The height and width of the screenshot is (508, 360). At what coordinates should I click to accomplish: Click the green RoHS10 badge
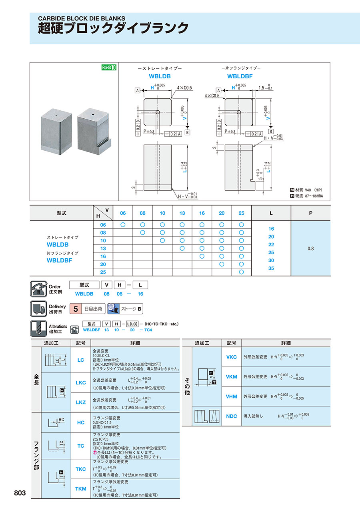[x=108, y=68]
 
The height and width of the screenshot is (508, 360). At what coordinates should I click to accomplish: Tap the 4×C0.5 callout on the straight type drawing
[x=184, y=88]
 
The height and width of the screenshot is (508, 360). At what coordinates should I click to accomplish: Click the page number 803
[x=20, y=493]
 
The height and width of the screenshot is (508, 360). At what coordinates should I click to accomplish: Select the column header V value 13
[x=182, y=213]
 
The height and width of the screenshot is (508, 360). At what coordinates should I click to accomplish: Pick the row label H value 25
[x=103, y=272]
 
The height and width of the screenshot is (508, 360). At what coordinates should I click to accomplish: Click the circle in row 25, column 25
[x=241, y=272]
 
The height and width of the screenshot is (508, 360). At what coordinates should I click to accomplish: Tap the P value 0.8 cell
[x=311, y=248]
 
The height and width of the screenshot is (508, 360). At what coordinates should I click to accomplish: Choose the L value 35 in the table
[x=271, y=268]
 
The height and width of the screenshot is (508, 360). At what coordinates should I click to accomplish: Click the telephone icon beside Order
[x=38, y=289]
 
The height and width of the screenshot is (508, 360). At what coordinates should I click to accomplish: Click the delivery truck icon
[x=38, y=309]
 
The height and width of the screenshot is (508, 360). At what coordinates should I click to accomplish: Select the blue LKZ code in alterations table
[x=81, y=402]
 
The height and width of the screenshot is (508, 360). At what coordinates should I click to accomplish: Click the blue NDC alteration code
[x=232, y=416]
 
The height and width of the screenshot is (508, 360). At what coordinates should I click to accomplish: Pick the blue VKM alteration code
[x=232, y=377]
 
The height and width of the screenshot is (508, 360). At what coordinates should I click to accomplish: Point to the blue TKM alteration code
[x=81, y=488]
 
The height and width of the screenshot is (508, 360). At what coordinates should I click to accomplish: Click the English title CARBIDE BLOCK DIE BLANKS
[x=82, y=18]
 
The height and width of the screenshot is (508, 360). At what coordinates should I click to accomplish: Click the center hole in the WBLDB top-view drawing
[x=158, y=112]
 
